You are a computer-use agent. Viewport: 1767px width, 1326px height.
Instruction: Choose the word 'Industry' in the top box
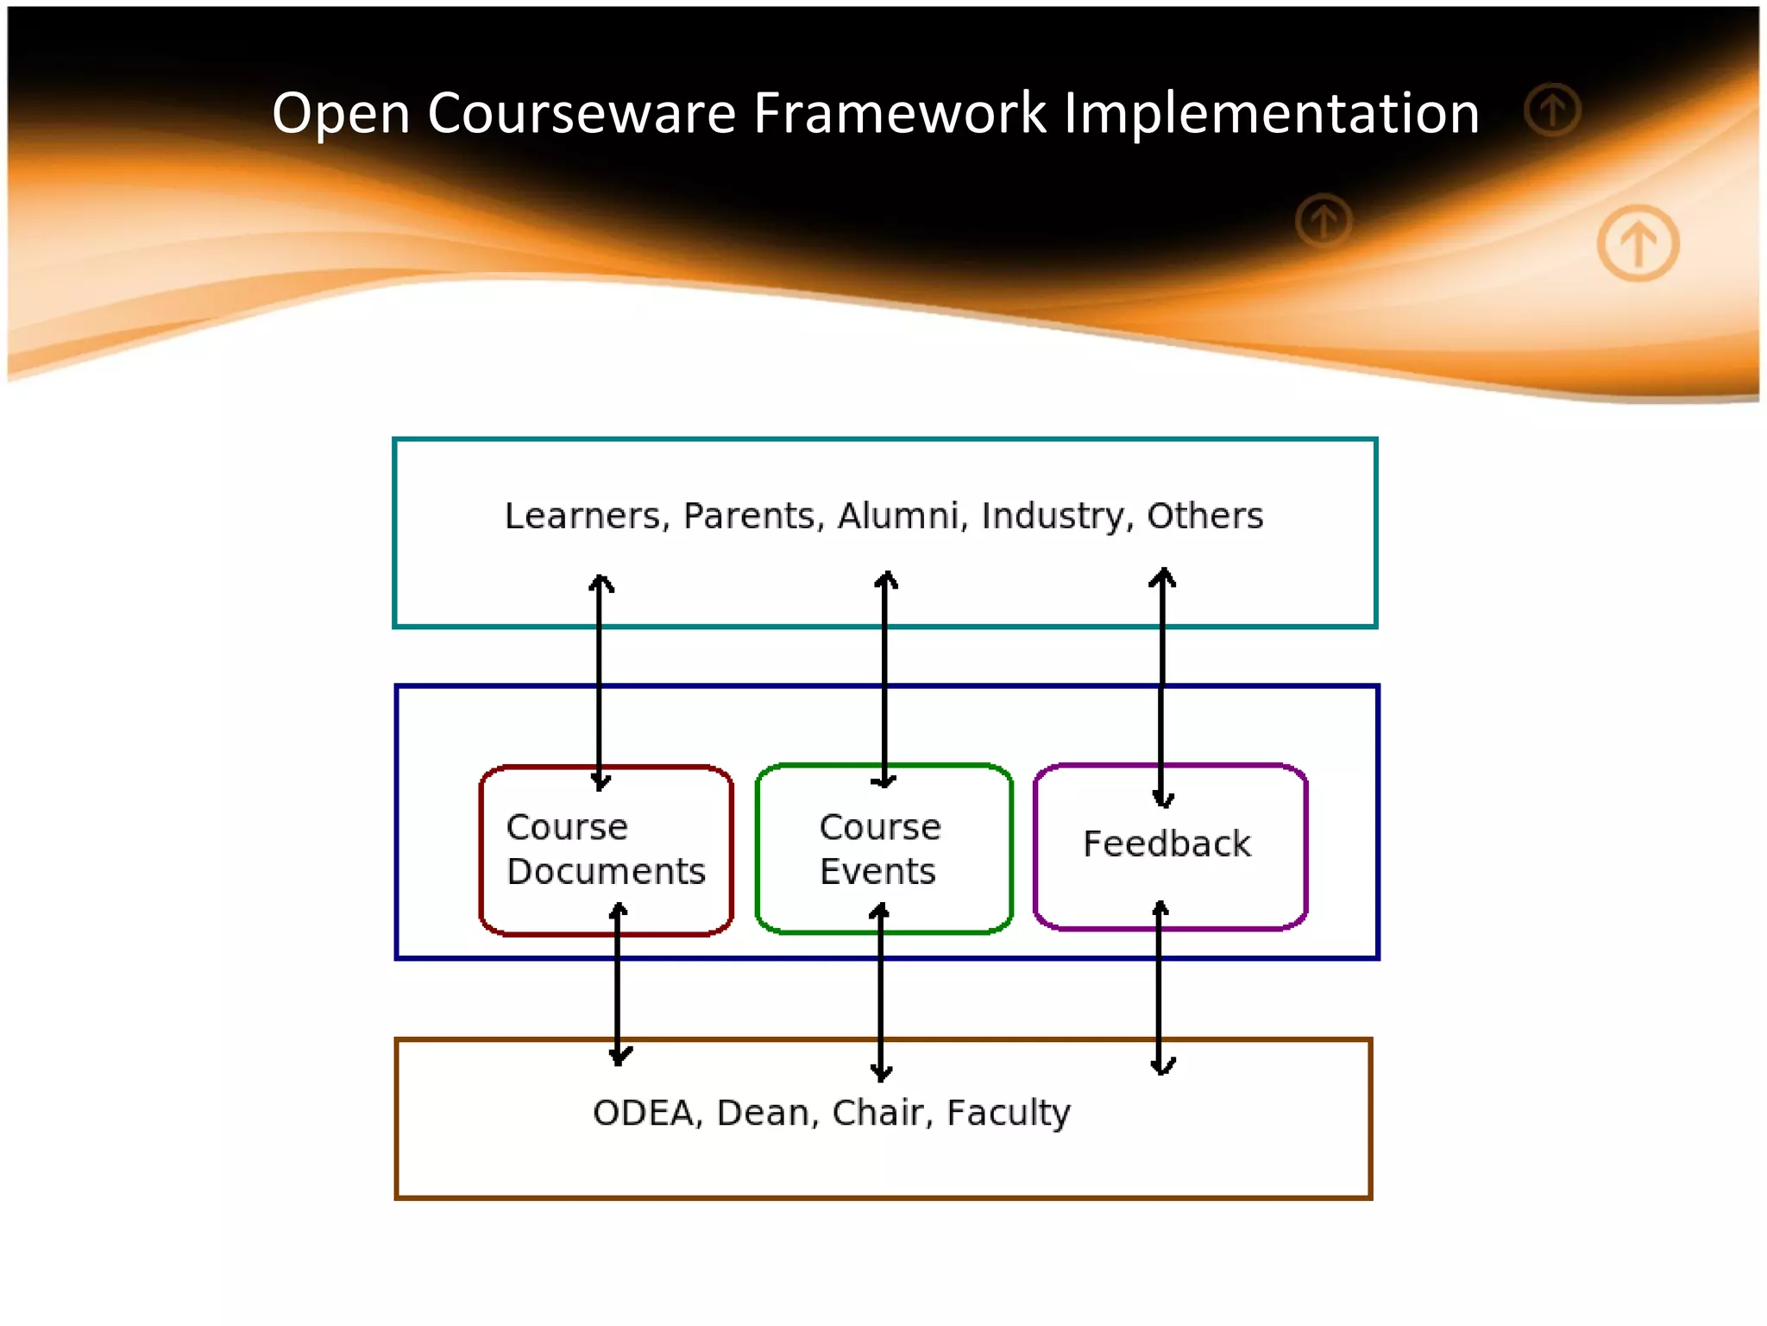[1057, 516]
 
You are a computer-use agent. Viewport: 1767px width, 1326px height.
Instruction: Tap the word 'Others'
[1204, 516]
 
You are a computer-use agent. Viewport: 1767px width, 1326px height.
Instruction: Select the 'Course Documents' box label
[606, 849]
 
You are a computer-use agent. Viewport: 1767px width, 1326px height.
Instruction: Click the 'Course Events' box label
[879, 849]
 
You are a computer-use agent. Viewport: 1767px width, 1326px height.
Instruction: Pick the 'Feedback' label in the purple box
[1166, 844]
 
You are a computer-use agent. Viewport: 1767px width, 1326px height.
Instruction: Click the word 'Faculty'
[1008, 1113]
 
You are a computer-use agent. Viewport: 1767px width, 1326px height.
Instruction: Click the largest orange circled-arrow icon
[1638, 243]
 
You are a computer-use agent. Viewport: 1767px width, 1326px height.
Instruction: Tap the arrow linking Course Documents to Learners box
[601, 682]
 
